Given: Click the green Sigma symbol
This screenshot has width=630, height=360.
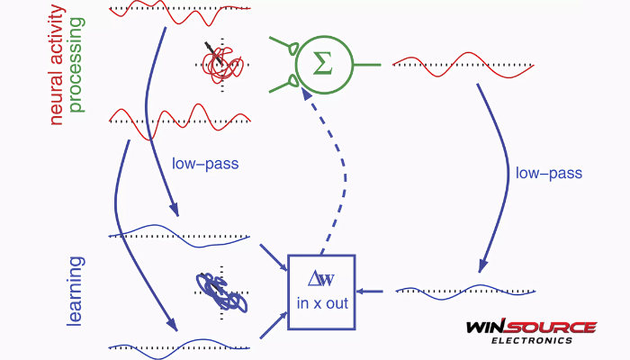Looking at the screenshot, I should (x=320, y=65).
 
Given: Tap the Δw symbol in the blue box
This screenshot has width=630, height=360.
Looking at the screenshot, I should (x=321, y=280).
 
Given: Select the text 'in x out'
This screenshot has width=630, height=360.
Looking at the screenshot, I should (x=322, y=304).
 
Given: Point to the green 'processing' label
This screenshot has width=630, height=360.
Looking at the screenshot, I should (x=76, y=62).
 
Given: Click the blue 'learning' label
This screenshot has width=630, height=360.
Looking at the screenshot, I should (x=76, y=291).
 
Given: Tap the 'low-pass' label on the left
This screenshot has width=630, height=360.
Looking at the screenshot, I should (x=204, y=165).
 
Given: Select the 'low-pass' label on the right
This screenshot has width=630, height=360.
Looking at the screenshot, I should (x=548, y=172).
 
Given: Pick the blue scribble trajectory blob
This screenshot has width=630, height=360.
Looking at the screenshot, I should (x=221, y=292).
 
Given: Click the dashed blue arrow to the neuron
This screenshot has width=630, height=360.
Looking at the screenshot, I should (x=337, y=171).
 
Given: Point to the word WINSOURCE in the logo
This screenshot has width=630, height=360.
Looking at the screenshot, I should (x=531, y=328).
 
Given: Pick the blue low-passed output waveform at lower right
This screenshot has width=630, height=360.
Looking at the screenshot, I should (x=466, y=290).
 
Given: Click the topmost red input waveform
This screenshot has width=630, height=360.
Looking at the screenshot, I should (x=180, y=10).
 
